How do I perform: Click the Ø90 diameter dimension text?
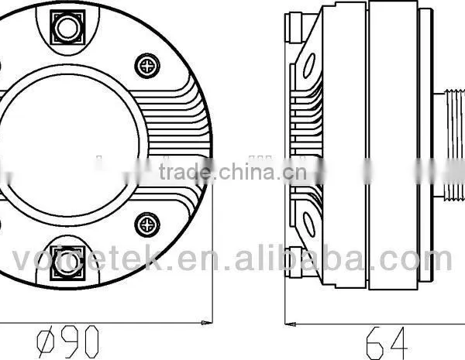67,341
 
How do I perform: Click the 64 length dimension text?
387,343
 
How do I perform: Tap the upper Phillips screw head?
147,66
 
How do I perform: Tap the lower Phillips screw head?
147,225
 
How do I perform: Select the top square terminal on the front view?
67,28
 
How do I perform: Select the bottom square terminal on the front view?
67,262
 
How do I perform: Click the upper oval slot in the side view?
309,65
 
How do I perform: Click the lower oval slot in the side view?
309,225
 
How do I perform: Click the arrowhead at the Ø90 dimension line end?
207,322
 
